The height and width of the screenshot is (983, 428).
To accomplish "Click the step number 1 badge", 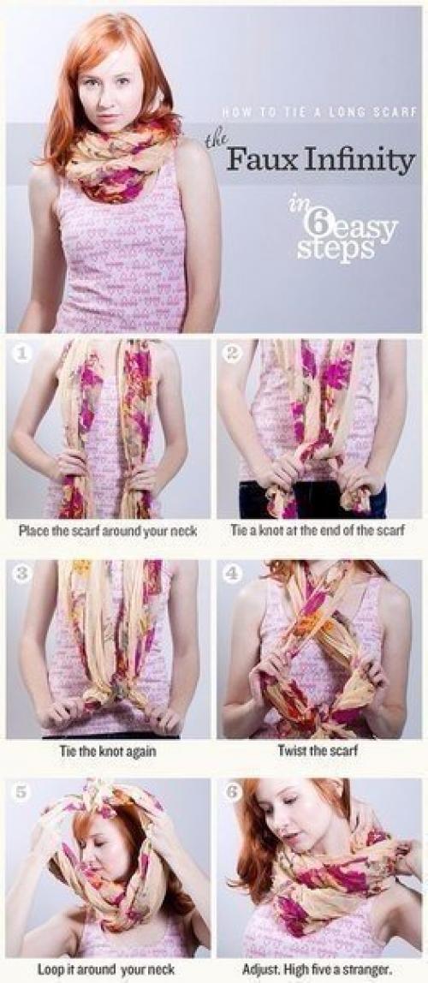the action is pyautogui.click(x=21, y=354).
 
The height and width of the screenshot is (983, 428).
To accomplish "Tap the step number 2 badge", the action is pyautogui.click(x=231, y=354).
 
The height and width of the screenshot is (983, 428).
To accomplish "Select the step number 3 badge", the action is pyautogui.click(x=21, y=574).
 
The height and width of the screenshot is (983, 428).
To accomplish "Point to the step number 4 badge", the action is pyautogui.click(x=231, y=574).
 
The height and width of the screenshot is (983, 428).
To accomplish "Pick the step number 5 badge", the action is pyautogui.click(x=21, y=792).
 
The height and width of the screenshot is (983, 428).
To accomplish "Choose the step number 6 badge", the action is pyautogui.click(x=231, y=792).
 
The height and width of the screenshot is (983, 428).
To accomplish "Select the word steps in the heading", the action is pyautogui.click(x=336, y=249).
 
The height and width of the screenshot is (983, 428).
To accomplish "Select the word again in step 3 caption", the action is pyautogui.click(x=140, y=750).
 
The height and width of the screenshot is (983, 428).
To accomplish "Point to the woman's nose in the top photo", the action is pyautogui.click(x=108, y=99).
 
